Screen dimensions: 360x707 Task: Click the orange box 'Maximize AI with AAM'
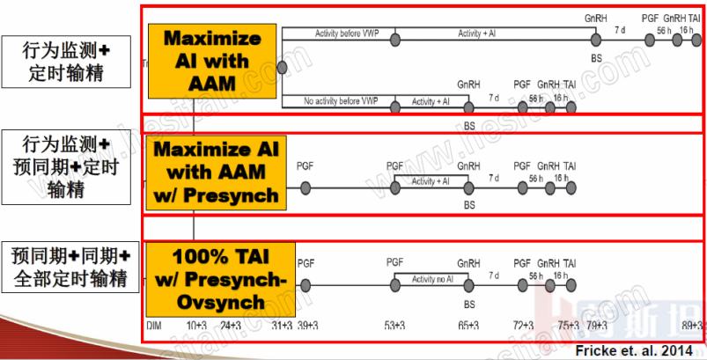point(212,61)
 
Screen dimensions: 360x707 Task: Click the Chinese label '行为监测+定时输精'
point(66,60)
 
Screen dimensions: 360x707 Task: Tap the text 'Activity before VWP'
point(338,33)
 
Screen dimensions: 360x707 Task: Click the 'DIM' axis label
point(153,326)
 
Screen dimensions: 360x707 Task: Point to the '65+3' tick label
point(468,326)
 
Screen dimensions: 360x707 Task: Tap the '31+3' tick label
point(281,326)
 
